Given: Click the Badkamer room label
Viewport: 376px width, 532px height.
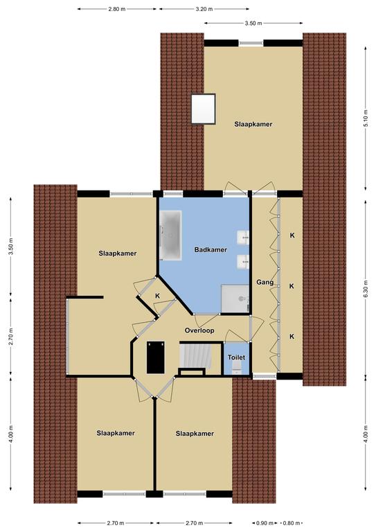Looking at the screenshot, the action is pyautogui.click(x=211, y=249).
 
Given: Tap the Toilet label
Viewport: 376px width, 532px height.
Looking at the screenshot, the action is pyautogui.click(x=236, y=357).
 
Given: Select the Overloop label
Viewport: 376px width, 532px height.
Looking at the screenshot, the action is pyautogui.click(x=199, y=330).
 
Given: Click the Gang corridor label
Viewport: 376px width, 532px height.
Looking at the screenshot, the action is pyautogui.click(x=265, y=283).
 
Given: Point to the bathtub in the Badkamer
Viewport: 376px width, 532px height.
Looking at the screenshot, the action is pyautogui.click(x=170, y=235).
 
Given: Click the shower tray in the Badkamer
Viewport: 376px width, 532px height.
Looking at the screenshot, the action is pyautogui.click(x=235, y=299).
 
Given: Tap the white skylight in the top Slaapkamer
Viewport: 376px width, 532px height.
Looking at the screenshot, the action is pyautogui.click(x=203, y=109).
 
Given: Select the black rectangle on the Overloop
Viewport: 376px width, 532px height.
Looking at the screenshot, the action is pyautogui.click(x=156, y=357).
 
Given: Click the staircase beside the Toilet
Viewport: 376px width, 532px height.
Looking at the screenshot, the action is pyautogui.click(x=195, y=355).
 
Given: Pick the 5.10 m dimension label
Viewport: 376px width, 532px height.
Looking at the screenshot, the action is pyautogui.click(x=365, y=118).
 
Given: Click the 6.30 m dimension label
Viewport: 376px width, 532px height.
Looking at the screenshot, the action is pyautogui.click(x=365, y=289).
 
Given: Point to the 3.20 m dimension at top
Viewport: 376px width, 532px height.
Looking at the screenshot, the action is pyautogui.click(x=204, y=9).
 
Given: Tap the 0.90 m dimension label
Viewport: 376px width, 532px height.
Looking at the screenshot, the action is pyautogui.click(x=265, y=523).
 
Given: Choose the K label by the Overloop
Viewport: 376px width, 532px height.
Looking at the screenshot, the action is pyautogui.click(x=157, y=296).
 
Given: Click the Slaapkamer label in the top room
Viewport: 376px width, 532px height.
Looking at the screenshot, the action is pyautogui.click(x=253, y=124).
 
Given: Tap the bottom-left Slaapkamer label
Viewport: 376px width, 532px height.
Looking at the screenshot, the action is pyautogui.click(x=116, y=433).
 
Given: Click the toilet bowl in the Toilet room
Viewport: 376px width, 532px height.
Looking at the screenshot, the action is pyautogui.click(x=236, y=367).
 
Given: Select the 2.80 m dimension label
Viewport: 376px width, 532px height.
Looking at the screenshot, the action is pyautogui.click(x=117, y=9).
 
